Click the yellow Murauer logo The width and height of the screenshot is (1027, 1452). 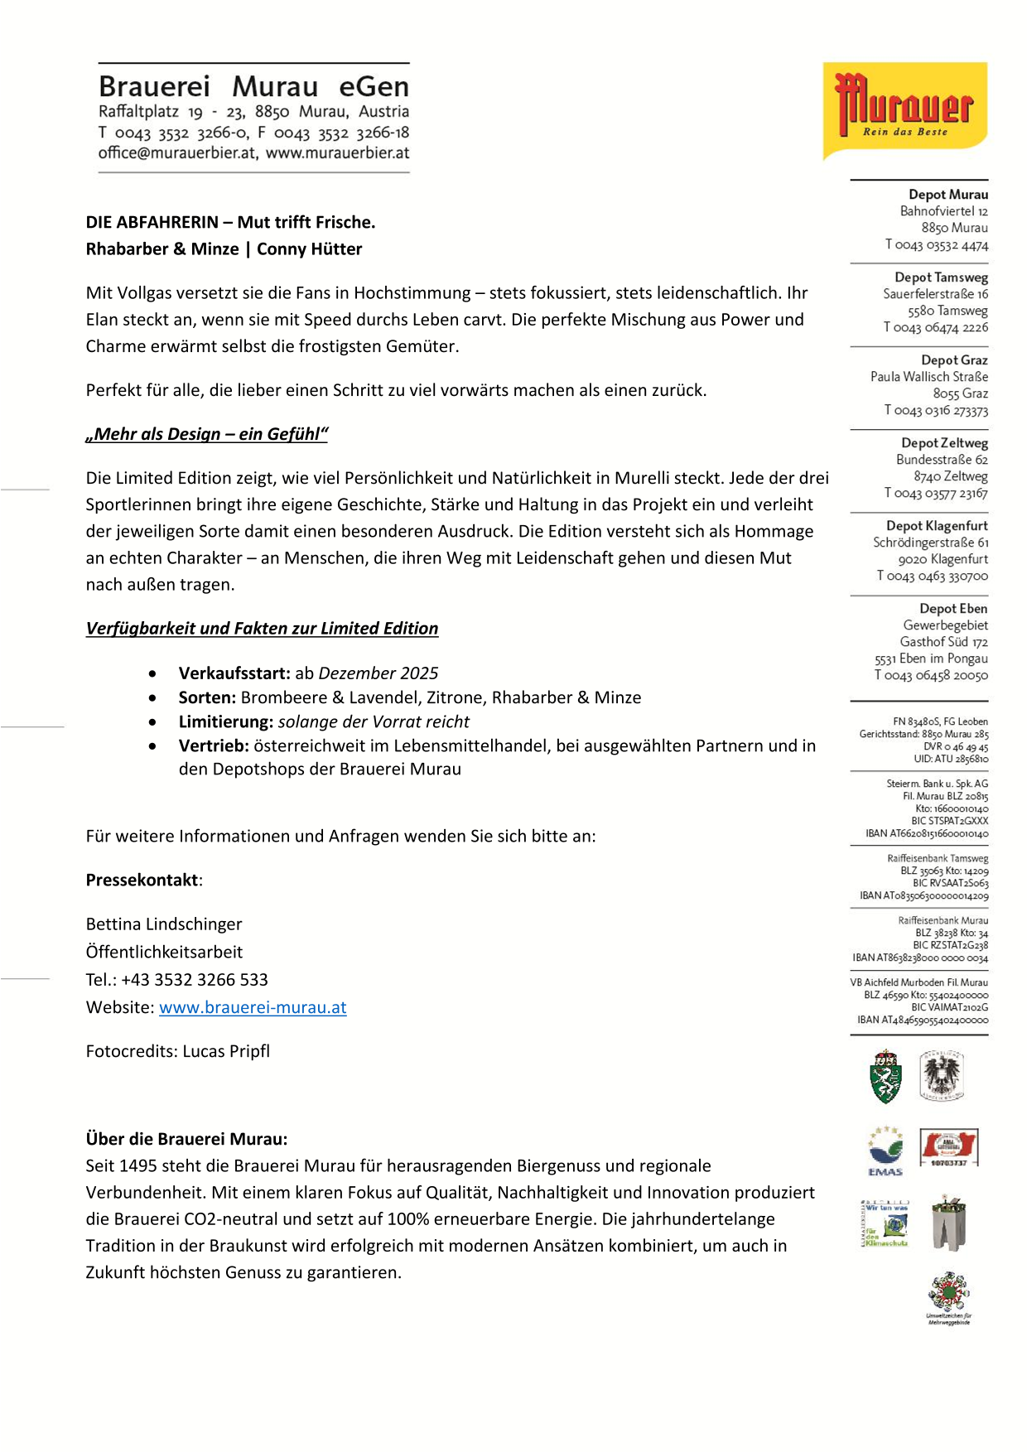[x=904, y=110]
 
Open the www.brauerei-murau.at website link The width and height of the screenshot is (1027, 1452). [x=253, y=1007]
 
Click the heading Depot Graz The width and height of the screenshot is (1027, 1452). [x=954, y=360]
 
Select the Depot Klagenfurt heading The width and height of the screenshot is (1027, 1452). [x=937, y=526]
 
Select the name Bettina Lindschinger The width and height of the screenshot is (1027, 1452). [x=164, y=924]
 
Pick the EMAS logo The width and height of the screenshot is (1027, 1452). [x=885, y=1151]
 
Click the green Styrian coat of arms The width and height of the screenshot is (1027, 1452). [x=885, y=1077]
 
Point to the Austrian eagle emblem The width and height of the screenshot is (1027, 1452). [x=943, y=1076]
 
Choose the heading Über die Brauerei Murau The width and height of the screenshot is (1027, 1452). [x=186, y=1139]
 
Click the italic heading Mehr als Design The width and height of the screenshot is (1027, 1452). [x=207, y=435]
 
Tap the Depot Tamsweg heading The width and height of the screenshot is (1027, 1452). [x=941, y=277]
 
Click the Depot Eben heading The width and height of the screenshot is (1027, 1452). [x=953, y=609]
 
